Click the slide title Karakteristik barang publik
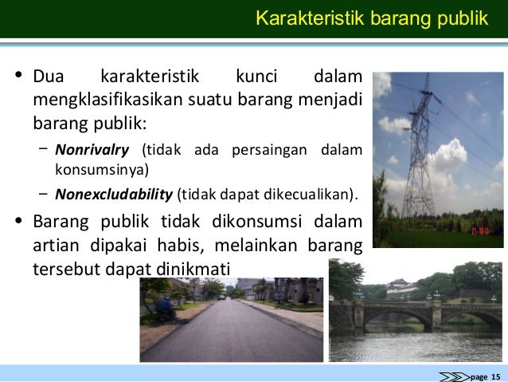click(371, 18)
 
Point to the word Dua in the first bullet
click(49, 78)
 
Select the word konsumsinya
click(101, 169)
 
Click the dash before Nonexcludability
click(41, 193)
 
